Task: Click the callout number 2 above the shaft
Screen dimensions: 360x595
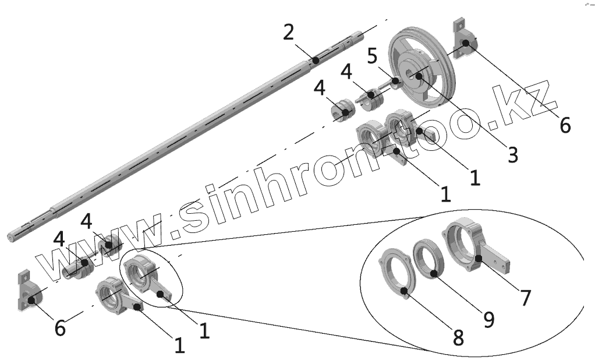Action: (x=289, y=32)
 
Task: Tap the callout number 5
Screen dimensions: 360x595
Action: (x=373, y=57)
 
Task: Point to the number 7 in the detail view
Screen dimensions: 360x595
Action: (x=525, y=298)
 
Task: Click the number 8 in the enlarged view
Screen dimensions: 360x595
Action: (x=459, y=337)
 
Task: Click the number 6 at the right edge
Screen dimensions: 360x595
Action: (x=565, y=125)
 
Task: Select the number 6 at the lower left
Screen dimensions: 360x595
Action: (x=60, y=328)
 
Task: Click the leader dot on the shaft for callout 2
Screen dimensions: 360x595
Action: (x=315, y=59)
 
